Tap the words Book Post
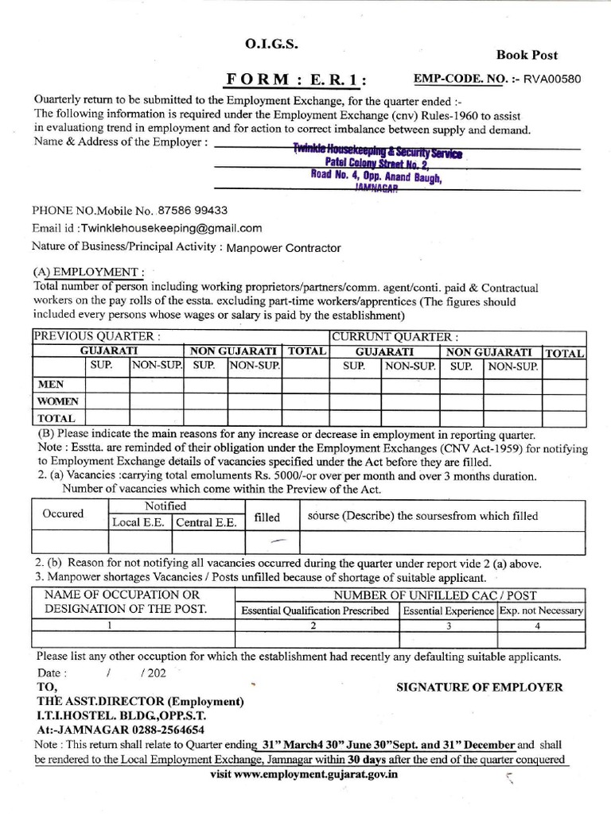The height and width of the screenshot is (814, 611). (527, 55)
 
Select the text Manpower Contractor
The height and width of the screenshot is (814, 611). (283, 247)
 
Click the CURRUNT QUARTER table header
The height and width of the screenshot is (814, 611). (395, 336)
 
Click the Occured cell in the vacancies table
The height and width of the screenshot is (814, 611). (63, 514)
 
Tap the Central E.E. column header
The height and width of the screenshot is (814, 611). (206, 522)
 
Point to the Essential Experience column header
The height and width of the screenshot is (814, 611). (448, 610)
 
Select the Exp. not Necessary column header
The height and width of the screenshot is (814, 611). (541, 610)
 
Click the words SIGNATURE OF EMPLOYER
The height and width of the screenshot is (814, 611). (479, 687)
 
